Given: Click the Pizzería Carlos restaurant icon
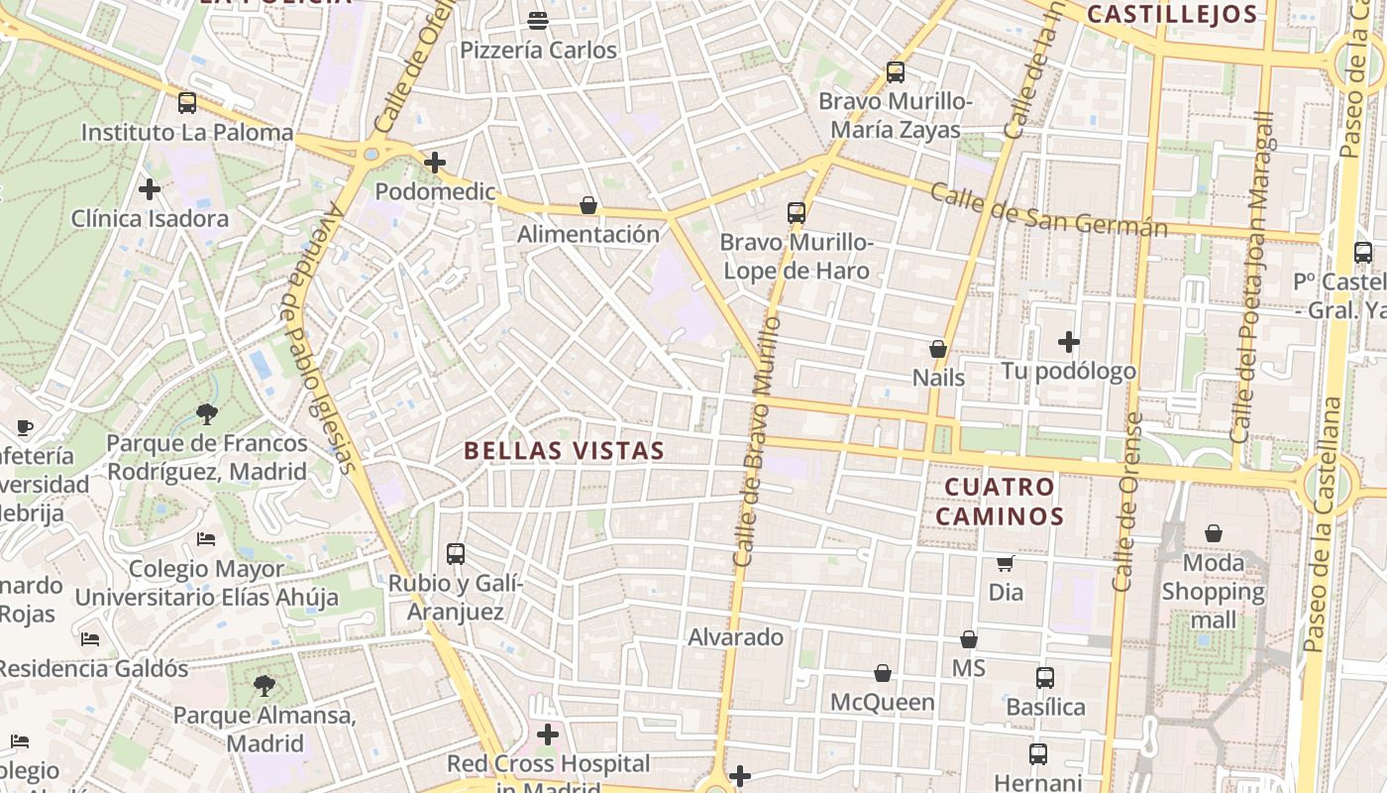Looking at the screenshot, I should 538,20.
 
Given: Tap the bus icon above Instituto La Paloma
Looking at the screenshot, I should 187,102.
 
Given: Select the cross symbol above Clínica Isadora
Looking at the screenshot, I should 150,188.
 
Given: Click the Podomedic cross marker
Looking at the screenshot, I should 434,163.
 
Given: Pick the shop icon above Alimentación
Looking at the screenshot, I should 588,205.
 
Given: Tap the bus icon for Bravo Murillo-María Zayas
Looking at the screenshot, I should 896,72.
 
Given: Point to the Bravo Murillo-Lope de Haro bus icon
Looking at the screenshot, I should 797,212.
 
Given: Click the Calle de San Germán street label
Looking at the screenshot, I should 1049,210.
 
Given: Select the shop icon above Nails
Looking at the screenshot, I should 938,349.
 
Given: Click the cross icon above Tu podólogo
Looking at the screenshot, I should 1068,342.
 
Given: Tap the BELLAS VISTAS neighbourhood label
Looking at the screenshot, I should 564,450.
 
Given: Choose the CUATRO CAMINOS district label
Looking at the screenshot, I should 1000,501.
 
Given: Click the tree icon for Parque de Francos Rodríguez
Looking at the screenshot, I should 207,413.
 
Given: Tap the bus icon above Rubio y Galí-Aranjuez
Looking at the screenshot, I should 456,554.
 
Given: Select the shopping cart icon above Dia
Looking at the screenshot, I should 1006,563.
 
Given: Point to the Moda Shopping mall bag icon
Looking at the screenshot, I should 1214,534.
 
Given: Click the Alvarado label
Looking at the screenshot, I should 735,636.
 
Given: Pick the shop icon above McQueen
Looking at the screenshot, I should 883,673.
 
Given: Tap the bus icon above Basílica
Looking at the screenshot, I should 1045,678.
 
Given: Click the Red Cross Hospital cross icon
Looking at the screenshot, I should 547,735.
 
